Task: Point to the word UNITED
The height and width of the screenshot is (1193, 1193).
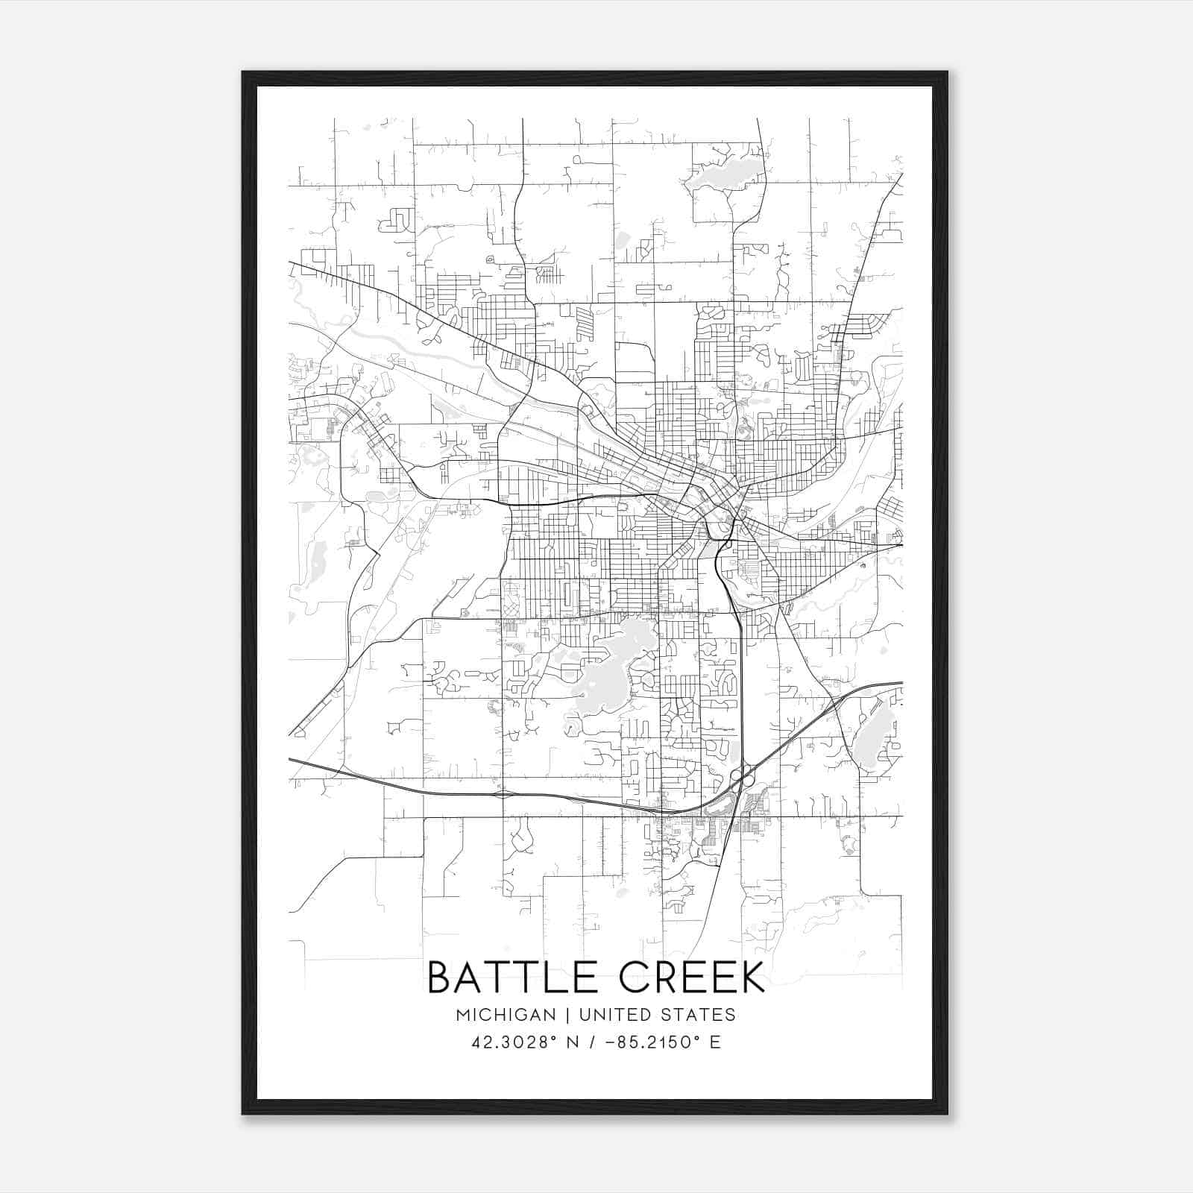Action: (x=616, y=1015)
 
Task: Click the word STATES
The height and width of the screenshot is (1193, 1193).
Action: (x=699, y=1015)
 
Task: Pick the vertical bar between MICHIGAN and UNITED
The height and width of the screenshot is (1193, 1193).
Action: (x=567, y=1015)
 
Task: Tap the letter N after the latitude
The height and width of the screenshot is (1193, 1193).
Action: (x=573, y=1042)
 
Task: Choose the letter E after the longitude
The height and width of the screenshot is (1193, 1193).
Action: (x=716, y=1042)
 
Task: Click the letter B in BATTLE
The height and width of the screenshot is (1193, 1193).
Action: (x=440, y=978)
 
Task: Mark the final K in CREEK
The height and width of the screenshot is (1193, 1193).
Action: (x=752, y=978)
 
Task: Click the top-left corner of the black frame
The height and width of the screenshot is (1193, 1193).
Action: (x=243, y=72)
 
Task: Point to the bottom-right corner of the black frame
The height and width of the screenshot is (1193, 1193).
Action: (x=947, y=1113)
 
